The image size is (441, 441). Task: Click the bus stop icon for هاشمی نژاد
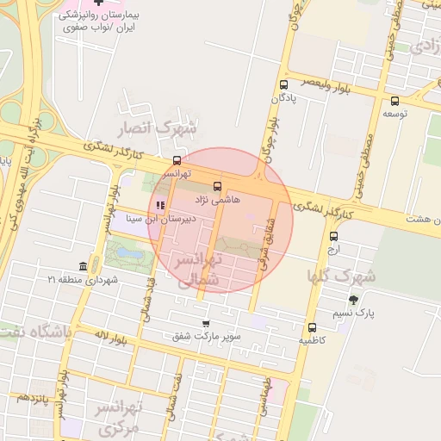pyautogui.click(x=216, y=186)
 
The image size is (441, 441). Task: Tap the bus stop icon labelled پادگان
pyautogui.click(x=283, y=84)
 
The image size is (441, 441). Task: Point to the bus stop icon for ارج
pyautogui.click(x=334, y=237)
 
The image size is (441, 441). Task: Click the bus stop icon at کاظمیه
pyautogui.click(x=311, y=327)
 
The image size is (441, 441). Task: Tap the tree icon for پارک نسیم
pyautogui.click(x=352, y=300)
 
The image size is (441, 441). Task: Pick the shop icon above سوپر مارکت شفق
pyautogui.click(x=205, y=324)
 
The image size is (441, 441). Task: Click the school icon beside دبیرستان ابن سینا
pyautogui.click(x=160, y=205)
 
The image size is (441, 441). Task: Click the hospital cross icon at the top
pyautogui.click(x=100, y=4)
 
